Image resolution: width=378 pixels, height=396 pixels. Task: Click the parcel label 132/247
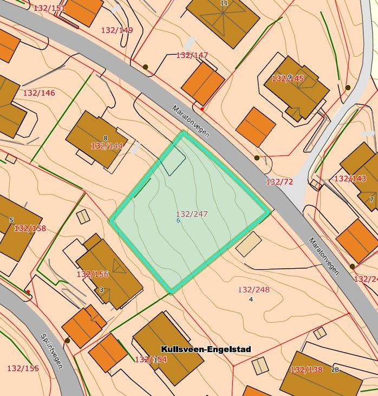click(192, 214)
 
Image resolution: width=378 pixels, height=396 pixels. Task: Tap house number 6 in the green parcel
click(178, 220)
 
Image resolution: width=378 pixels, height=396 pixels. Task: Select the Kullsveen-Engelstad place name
click(206, 349)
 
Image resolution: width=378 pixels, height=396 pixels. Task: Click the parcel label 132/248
click(253, 290)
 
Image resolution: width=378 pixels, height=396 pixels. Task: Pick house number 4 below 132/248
click(251, 299)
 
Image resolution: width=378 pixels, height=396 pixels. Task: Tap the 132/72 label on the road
click(279, 182)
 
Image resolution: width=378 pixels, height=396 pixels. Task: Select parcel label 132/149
click(116, 30)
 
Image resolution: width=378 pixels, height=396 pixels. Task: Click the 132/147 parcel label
click(192, 55)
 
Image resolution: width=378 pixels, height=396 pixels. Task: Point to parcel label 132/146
click(39, 93)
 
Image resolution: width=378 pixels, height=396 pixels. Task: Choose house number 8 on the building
click(106, 138)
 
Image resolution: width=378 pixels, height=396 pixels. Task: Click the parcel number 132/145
click(288, 79)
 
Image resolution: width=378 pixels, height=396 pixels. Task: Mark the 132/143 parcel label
click(350, 179)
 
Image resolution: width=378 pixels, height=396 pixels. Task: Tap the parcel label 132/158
click(30, 228)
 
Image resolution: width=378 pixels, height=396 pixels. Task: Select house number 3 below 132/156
click(101, 290)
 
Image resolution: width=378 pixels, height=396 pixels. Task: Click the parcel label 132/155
click(23, 368)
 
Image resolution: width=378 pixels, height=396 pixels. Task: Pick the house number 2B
click(335, 370)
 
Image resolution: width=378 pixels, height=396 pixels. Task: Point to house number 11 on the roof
click(225, 3)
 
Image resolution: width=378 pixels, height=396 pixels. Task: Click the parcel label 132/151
click(49, 8)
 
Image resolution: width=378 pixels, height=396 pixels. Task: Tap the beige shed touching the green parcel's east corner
click(249, 244)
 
